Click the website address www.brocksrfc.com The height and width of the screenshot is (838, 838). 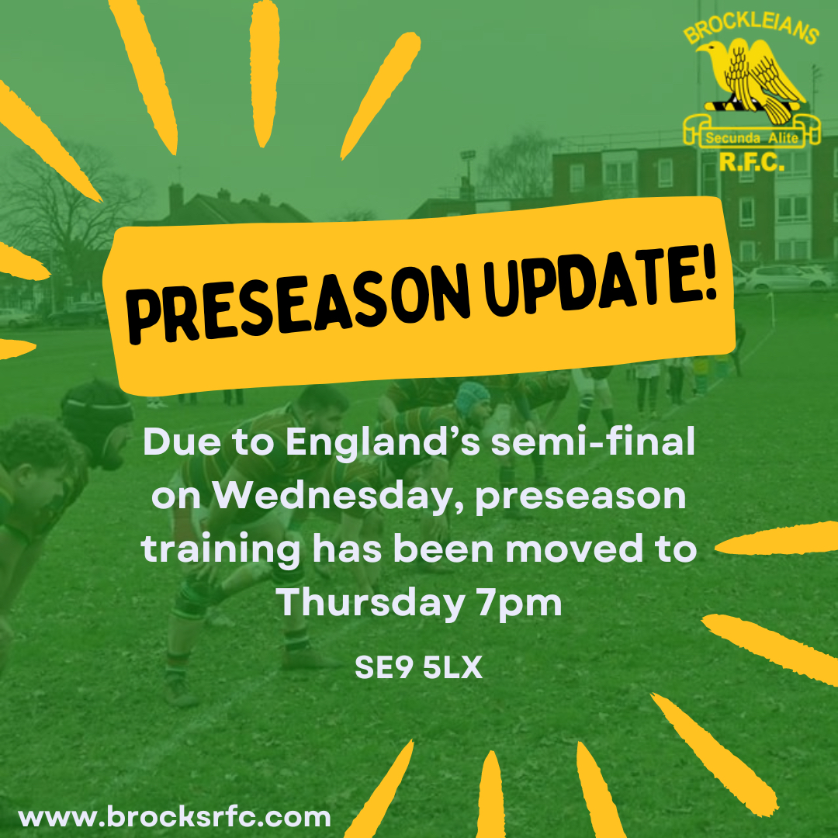point(175,817)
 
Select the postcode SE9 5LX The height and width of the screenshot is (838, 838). point(419,669)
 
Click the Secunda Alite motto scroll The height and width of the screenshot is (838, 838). point(751,138)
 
